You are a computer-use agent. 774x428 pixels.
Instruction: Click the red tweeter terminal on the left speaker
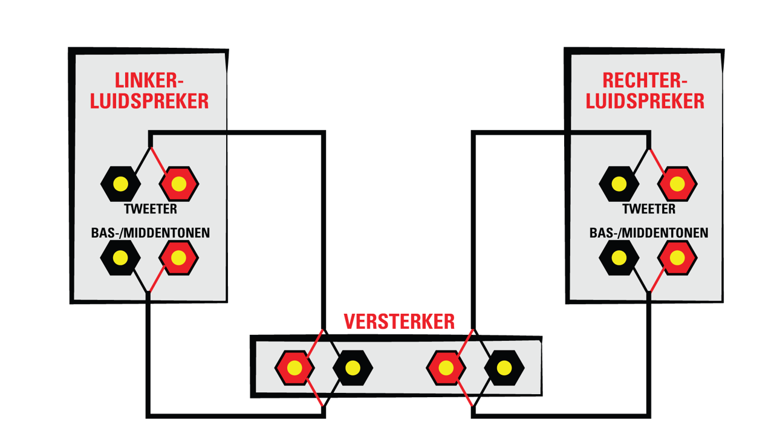178,184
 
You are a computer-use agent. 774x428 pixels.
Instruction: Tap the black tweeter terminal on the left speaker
120,184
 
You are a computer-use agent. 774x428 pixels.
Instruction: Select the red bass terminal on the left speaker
178,258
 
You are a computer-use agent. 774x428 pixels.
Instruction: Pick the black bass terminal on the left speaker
120,258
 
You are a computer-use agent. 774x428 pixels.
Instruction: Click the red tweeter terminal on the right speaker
677,184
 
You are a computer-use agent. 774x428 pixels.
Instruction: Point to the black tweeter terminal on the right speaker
619,184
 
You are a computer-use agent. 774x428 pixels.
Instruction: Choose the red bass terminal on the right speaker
677,258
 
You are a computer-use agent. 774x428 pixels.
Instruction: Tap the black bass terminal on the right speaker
619,258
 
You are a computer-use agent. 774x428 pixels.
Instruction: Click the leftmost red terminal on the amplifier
294,368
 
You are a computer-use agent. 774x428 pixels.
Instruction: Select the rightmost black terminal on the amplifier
504,368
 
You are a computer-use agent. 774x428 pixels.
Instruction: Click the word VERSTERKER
399,322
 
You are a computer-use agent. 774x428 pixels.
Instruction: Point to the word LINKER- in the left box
149,80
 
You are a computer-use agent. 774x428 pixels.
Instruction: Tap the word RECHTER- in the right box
645,80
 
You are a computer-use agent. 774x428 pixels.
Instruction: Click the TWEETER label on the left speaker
151,209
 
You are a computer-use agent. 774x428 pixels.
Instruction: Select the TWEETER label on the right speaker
649,209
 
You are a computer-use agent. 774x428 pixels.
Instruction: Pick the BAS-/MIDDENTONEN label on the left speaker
151,233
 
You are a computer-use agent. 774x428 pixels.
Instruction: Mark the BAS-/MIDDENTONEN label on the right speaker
649,233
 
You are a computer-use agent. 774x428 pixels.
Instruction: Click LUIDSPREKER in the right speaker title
645,101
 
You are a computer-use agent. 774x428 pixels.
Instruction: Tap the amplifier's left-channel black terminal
353,368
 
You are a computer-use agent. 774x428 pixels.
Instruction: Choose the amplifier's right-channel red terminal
446,368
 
